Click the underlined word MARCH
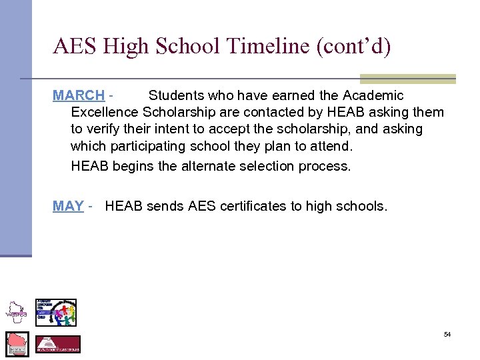pyautogui.click(x=79, y=96)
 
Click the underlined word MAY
pyautogui.click(x=68, y=207)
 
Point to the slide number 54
pyautogui.click(x=447, y=334)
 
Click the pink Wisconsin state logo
pyautogui.click(x=17, y=343)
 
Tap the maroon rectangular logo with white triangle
pyautogui.click(x=57, y=344)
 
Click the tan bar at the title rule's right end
pyautogui.click(x=407, y=79)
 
